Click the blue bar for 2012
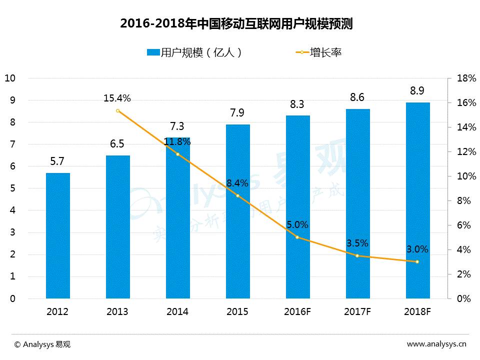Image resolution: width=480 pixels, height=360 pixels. pyautogui.click(x=58, y=235)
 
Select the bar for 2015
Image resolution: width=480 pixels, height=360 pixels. pyautogui.click(x=237, y=211)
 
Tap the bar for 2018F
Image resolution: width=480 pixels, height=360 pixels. pyautogui.click(x=417, y=200)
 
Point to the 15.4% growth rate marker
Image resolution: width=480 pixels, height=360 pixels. pyautogui.click(x=118, y=110)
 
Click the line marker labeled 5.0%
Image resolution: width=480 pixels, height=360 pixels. pyautogui.click(x=297, y=237)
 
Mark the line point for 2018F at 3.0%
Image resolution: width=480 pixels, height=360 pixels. pyautogui.click(x=417, y=261)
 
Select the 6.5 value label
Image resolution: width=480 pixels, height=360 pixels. pyautogui.click(x=117, y=144)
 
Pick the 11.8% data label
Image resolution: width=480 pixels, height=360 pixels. pyautogui.click(x=177, y=142)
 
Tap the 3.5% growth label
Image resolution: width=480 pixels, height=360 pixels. pyautogui.click(x=357, y=243)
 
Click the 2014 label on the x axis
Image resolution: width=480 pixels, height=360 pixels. pyautogui.click(x=177, y=311)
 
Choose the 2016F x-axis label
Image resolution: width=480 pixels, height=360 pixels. pyautogui.click(x=297, y=311)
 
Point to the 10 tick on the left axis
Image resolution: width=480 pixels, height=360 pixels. pyautogui.click(x=10, y=78)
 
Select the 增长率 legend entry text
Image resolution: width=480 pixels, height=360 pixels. pyautogui.click(x=325, y=52)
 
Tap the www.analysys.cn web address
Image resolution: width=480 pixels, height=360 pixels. pyautogui.click(x=436, y=344)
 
